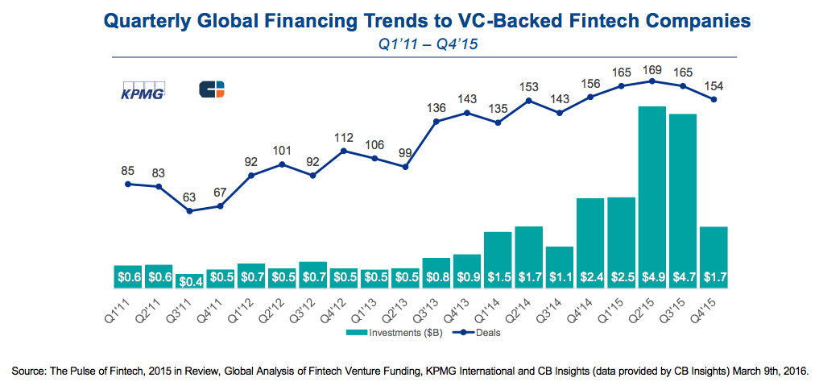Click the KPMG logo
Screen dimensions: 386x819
point(142,90)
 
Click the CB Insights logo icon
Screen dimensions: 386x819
point(212,89)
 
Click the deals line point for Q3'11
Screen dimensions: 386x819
point(189,211)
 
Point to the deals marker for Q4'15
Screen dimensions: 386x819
point(714,100)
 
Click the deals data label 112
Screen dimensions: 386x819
point(344,138)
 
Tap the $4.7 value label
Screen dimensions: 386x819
point(683,277)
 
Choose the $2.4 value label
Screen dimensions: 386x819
point(590,277)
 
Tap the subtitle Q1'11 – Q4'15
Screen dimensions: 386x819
point(428,44)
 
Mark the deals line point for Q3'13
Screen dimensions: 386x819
point(436,122)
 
